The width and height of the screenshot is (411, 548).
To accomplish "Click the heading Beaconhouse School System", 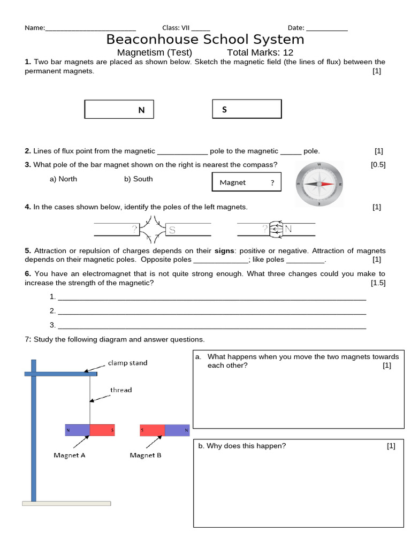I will click(205, 40).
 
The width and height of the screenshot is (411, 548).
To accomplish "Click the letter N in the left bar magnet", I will click(141, 110).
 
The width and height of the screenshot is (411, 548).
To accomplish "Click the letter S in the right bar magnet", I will click(224, 110).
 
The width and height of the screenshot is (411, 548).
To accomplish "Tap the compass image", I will click(319, 184).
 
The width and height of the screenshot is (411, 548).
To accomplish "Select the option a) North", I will click(63, 179).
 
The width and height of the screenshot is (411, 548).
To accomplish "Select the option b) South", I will click(138, 179).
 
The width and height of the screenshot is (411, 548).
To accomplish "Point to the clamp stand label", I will click(127, 363).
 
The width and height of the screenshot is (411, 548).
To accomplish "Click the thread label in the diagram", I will click(121, 390).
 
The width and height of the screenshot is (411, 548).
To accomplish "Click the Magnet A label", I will click(70, 455).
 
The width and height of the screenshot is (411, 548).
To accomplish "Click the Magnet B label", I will click(146, 455).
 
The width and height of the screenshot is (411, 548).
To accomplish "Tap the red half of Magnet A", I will click(102, 430).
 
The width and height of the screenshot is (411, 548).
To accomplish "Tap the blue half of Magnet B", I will click(177, 430).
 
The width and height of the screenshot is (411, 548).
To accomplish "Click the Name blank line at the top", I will click(90, 29).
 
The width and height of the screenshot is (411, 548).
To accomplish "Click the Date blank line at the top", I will click(326, 29).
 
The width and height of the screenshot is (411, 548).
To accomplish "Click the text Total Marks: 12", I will click(260, 52).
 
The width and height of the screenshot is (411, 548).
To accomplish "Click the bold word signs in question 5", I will click(224, 250).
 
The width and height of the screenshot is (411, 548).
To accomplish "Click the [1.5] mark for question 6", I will click(378, 283).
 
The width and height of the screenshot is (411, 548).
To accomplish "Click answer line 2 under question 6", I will click(211, 311).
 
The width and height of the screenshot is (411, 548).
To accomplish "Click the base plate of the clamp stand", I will click(66, 503).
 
